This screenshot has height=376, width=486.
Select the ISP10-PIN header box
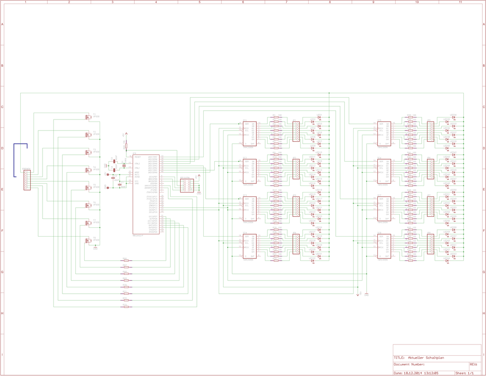pos(187,185)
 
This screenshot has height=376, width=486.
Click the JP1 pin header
pos(296,131)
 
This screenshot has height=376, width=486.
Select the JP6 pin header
pos(430,169)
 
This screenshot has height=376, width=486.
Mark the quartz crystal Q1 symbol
pos(114,165)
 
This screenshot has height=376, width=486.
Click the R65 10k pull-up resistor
pos(126,146)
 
